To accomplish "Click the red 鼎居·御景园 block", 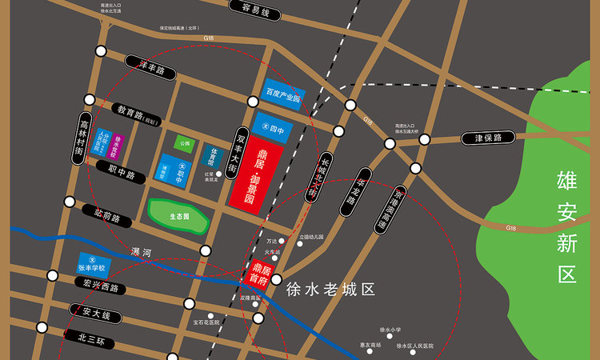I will coord(254,173).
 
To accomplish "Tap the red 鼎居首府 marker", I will coord(257,276).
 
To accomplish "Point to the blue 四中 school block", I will coord(273,126).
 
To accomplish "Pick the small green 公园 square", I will coord(186,144).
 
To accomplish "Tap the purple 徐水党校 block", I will coord(117,145).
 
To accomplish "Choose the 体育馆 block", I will coord(211,154).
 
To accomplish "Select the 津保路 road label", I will coord(486,138).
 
